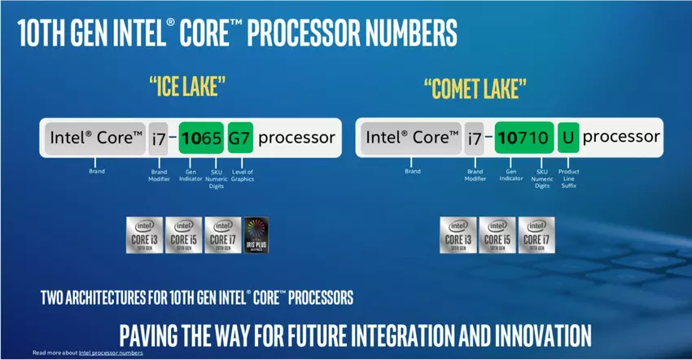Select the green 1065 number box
pyautogui.click(x=200, y=138)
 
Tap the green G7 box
pyautogui.click(x=239, y=138)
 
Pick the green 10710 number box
pyautogui.click(x=523, y=138)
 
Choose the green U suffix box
pyautogui.click(x=567, y=138)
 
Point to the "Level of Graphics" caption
pyautogui.click(x=242, y=174)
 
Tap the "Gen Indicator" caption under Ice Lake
pyautogui.click(x=189, y=174)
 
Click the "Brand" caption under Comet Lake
pyautogui.click(x=413, y=172)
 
